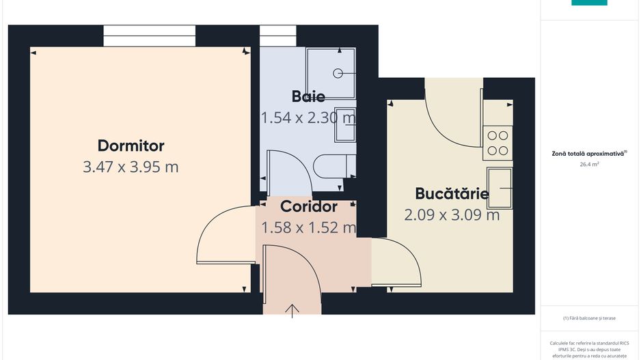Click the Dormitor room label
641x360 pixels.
(131, 146)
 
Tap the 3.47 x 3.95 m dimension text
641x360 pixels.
(131, 167)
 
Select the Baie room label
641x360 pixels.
(308, 96)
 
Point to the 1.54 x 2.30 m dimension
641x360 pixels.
(308, 117)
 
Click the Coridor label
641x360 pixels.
(309, 206)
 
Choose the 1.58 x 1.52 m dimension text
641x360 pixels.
(309, 227)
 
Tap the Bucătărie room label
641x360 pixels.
(452, 193)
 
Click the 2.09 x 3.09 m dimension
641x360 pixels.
(452, 214)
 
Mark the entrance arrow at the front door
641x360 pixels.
(292, 311)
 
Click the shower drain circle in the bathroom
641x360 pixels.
(337, 72)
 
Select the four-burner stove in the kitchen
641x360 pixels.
(498, 143)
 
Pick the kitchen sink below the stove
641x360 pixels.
(499, 188)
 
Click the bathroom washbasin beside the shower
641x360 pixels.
(345, 125)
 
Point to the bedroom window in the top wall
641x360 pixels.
(149, 36)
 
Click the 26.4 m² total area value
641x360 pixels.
(589, 165)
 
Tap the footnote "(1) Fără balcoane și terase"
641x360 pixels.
(589, 318)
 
